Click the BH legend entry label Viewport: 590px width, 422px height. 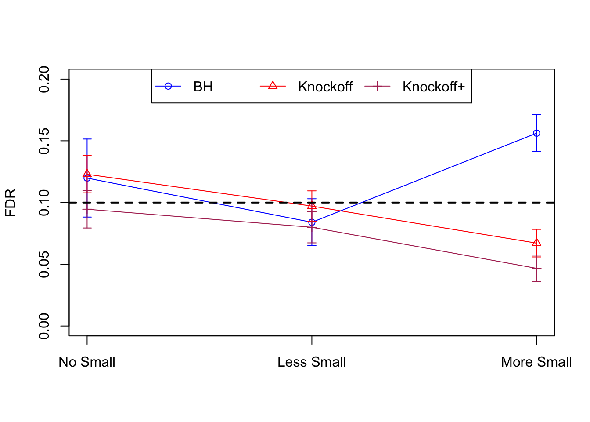203,87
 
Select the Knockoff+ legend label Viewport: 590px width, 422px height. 433,87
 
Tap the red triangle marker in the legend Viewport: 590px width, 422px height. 273,86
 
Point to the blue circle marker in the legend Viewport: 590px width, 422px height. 168,86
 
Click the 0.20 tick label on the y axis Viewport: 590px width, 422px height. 44,79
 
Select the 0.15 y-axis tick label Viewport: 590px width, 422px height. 44,141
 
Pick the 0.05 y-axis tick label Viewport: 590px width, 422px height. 44,265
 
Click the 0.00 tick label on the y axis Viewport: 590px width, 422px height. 44,326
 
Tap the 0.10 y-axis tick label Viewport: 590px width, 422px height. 44,203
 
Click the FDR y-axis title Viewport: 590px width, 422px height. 10,203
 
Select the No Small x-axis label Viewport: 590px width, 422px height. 87,362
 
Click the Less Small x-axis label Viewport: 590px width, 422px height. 312,362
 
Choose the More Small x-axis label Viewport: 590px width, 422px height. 536,362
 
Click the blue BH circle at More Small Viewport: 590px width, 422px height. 536,133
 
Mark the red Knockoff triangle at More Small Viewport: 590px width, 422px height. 536,243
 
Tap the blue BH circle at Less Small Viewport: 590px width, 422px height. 312,222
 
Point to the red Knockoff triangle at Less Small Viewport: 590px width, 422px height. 312,206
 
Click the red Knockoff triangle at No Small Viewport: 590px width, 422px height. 87,174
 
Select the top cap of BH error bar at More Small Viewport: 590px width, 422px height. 536,115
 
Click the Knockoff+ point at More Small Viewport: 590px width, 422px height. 536,268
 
